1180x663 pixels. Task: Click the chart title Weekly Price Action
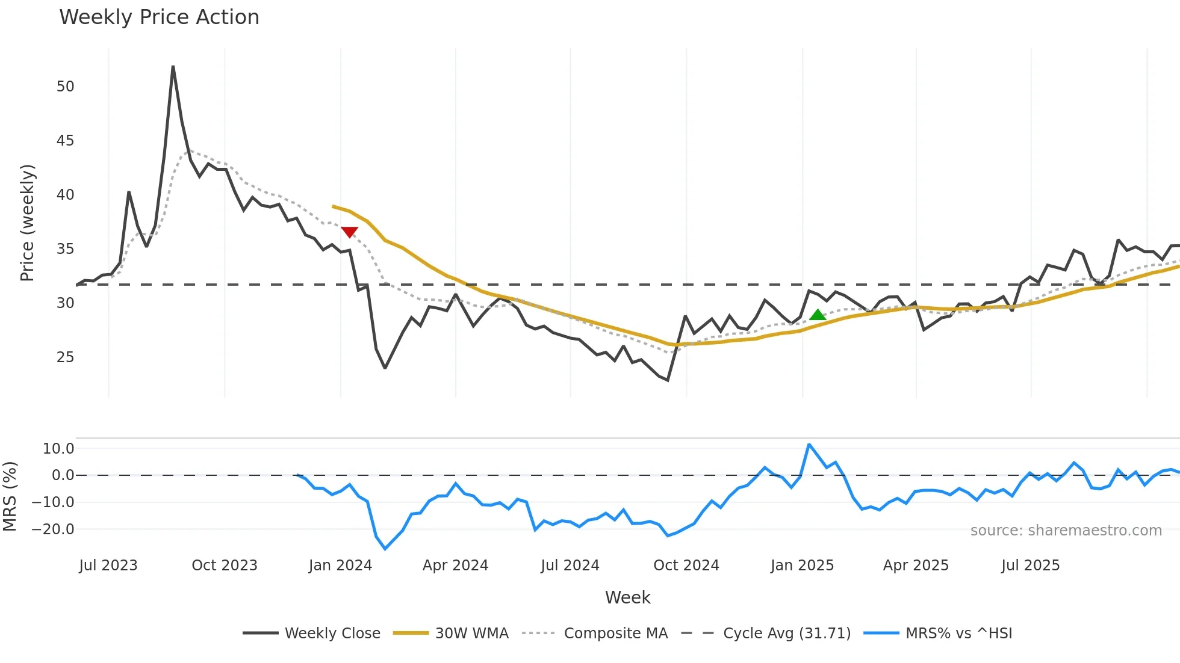[x=159, y=17]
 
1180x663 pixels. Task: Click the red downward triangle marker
[x=349, y=232]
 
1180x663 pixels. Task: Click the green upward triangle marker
[x=817, y=315]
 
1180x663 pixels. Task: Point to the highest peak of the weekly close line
[x=173, y=66]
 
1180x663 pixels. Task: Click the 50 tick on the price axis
[x=65, y=87]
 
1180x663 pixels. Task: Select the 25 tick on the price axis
[x=65, y=357]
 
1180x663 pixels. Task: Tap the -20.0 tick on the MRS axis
[x=58, y=529]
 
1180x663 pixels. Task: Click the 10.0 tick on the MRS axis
[x=58, y=449]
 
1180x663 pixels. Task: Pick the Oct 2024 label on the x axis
[x=686, y=566]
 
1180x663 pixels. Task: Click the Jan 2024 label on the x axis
[x=340, y=566]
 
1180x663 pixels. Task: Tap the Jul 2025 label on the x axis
[x=1030, y=566]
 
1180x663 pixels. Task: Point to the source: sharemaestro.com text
[x=1066, y=531]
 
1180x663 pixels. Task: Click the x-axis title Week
[x=627, y=597]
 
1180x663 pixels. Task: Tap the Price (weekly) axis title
[x=27, y=223]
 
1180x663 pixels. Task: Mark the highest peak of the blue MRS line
[x=809, y=445]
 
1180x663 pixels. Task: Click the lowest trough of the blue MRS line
[x=385, y=549]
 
